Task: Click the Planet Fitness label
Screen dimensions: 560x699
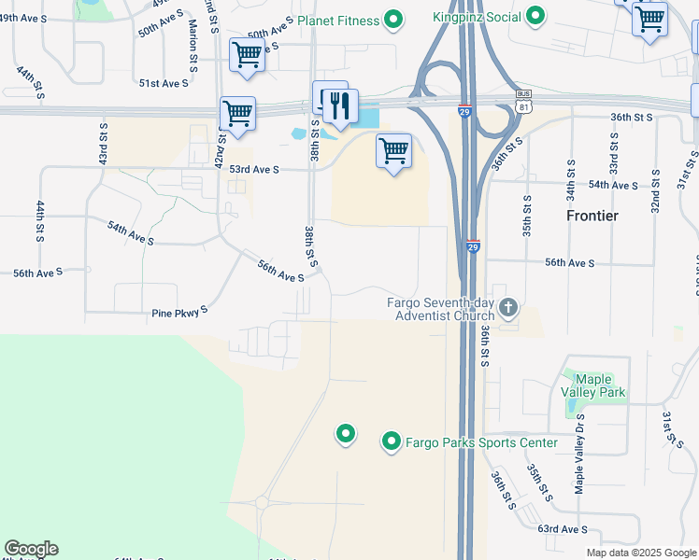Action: coord(338,21)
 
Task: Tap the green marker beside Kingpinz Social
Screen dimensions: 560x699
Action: coord(535,16)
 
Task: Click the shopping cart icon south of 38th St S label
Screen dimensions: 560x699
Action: coord(393,150)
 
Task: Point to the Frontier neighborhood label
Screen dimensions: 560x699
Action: coord(592,216)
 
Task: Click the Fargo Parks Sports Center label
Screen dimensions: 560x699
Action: coord(481,442)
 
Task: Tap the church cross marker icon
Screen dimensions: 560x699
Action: coord(508,307)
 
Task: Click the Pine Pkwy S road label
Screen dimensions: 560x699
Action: coord(179,314)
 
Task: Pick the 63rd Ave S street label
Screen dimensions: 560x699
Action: coord(563,529)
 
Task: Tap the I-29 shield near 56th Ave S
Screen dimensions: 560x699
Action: coord(473,246)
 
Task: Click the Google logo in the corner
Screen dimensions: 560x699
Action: coord(31,549)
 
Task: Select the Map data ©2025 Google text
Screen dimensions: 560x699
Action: coord(640,553)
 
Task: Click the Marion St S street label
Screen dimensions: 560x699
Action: coord(193,45)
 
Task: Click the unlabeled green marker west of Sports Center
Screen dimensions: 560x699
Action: coord(346,433)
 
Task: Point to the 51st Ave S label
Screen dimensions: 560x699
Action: coord(164,83)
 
